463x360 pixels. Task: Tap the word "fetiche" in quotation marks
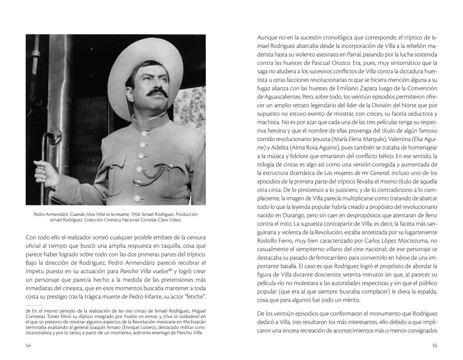[x=195, y=296]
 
